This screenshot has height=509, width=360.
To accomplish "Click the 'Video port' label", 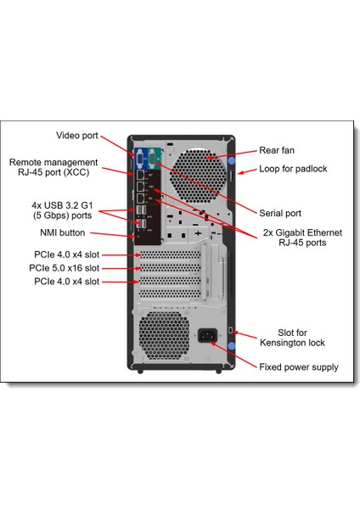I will click(76, 135).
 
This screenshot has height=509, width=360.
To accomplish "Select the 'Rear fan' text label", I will click(276, 149).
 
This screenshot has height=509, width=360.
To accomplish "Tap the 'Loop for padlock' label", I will click(293, 169).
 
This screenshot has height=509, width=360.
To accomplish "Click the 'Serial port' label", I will click(280, 213).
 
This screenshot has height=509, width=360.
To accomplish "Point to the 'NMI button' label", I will click(61, 232).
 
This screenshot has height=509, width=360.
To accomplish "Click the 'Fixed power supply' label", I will click(299, 367).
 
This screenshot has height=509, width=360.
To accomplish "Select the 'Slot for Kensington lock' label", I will click(293, 338).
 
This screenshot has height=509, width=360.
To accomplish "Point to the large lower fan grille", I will click(161, 335).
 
